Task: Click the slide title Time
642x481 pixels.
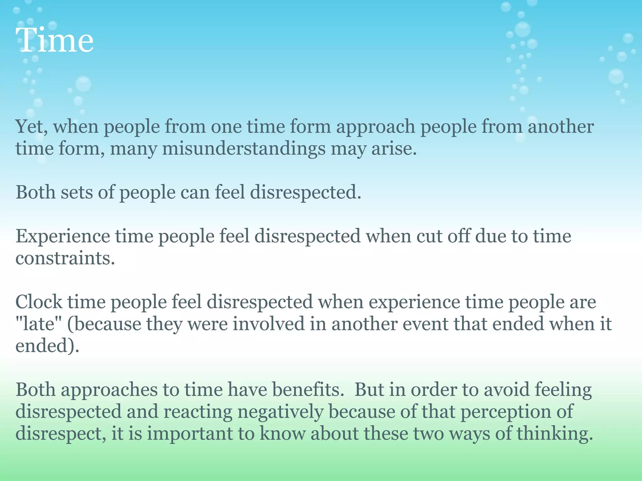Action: click(56, 41)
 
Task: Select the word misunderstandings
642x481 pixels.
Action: click(244, 149)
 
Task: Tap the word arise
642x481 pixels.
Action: click(394, 149)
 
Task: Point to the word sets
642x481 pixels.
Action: click(77, 192)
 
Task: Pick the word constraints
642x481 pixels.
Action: click(65, 258)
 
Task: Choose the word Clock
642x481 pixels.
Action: click(39, 302)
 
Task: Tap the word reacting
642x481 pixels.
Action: click(198, 412)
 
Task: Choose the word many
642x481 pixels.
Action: click(133, 149)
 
